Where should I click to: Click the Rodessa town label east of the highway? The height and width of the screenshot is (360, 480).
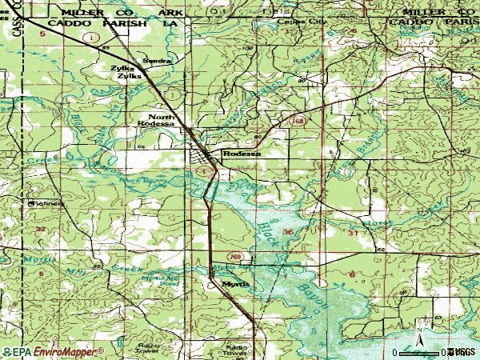242,154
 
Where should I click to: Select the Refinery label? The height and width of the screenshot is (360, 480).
45,203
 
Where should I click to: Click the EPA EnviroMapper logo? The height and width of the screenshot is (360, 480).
53,351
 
